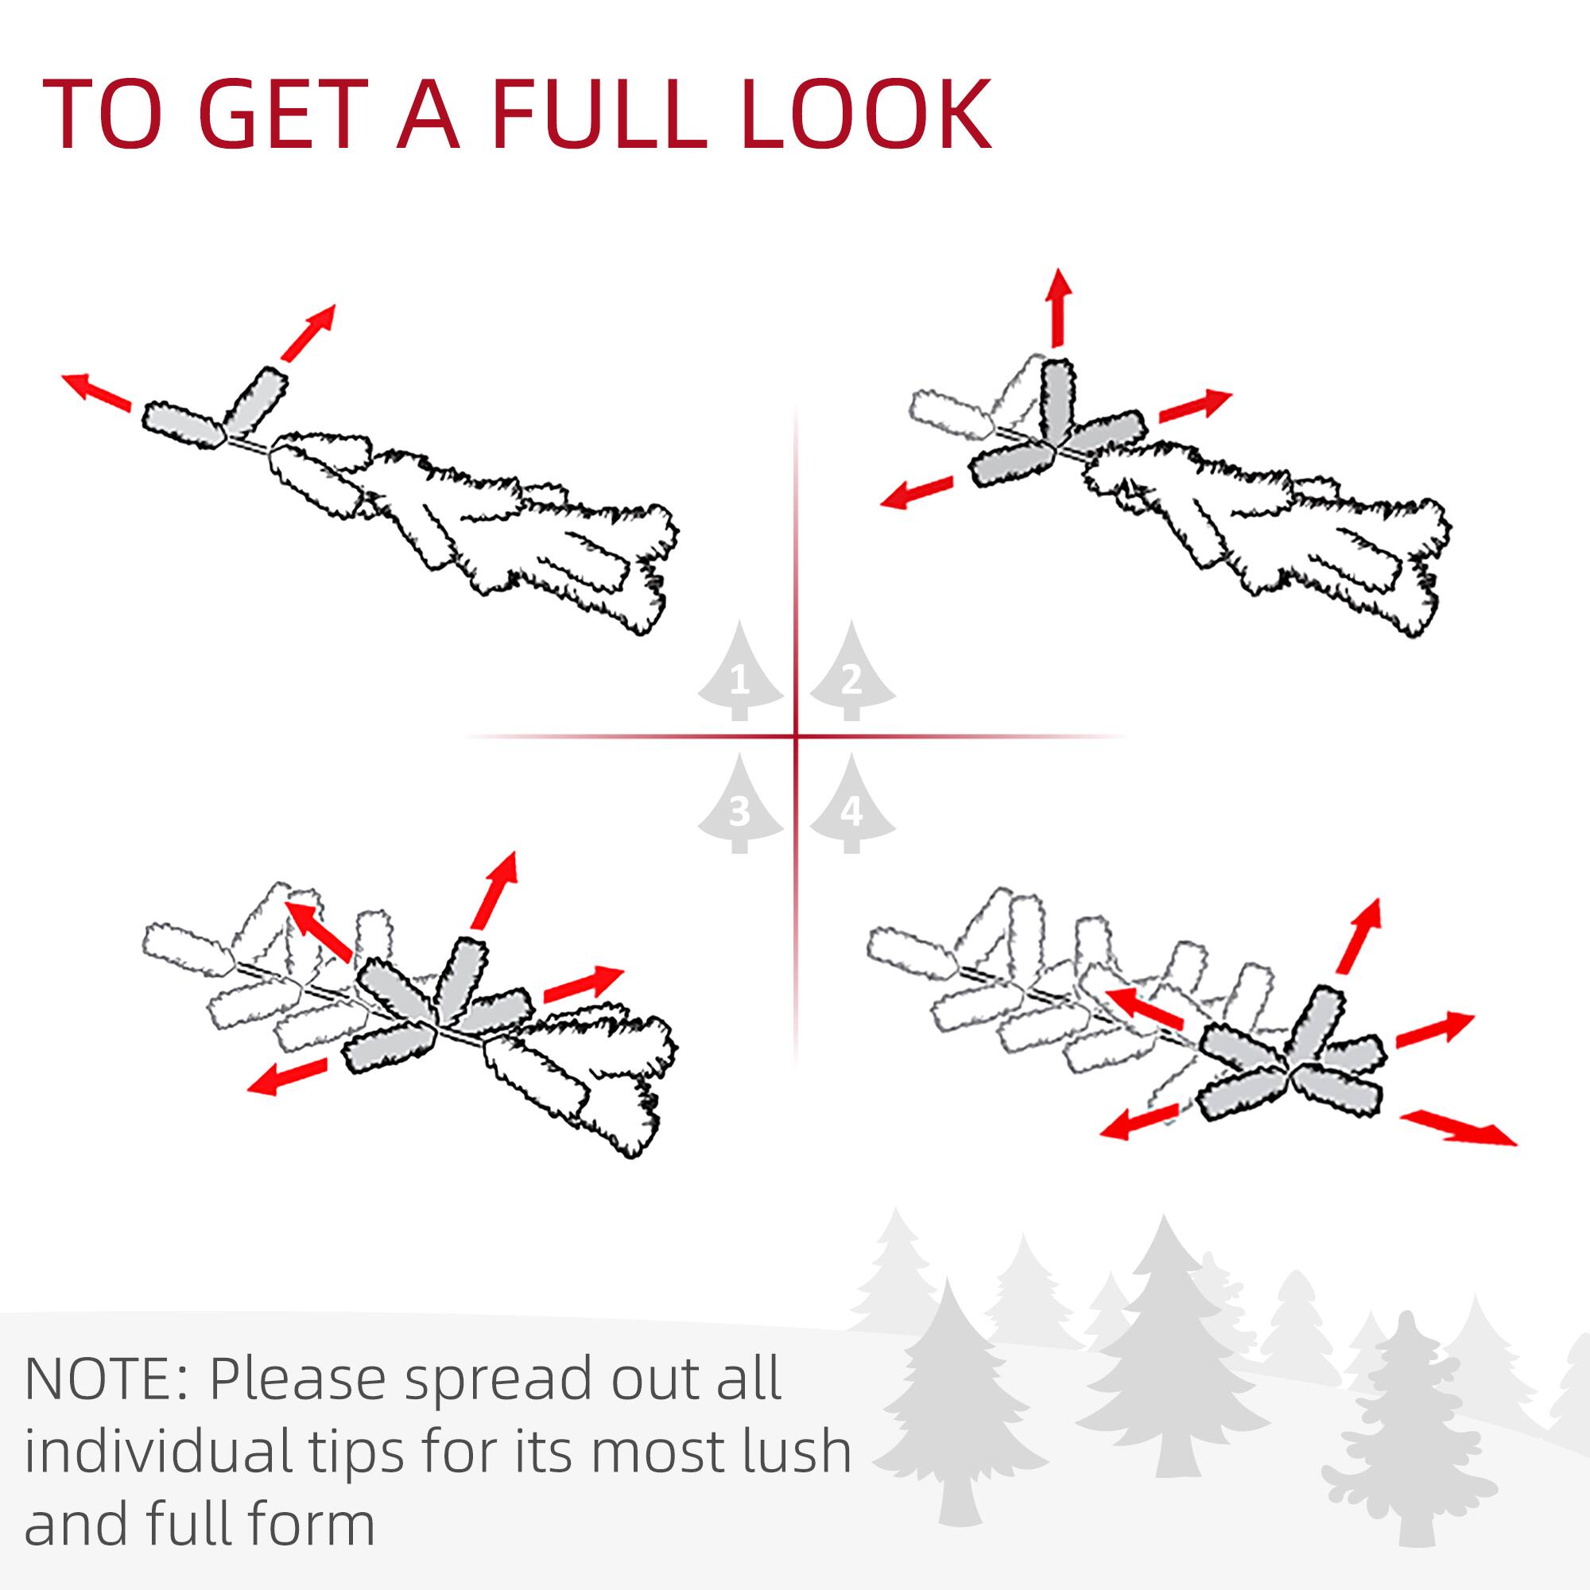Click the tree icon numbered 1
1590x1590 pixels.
[x=739, y=677]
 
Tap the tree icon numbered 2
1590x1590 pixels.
[x=851, y=677]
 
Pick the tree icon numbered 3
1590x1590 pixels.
[x=739, y=809]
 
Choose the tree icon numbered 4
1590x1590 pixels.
[x=851, y=809]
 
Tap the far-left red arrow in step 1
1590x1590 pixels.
[x=95, y=391]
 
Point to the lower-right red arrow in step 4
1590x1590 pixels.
[x=1457, y=1128]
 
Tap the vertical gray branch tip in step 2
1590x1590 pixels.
[x=1057, y=401]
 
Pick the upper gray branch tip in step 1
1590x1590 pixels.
[x=255, y=400]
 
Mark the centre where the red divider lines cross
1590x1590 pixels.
[x=796, y=735]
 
